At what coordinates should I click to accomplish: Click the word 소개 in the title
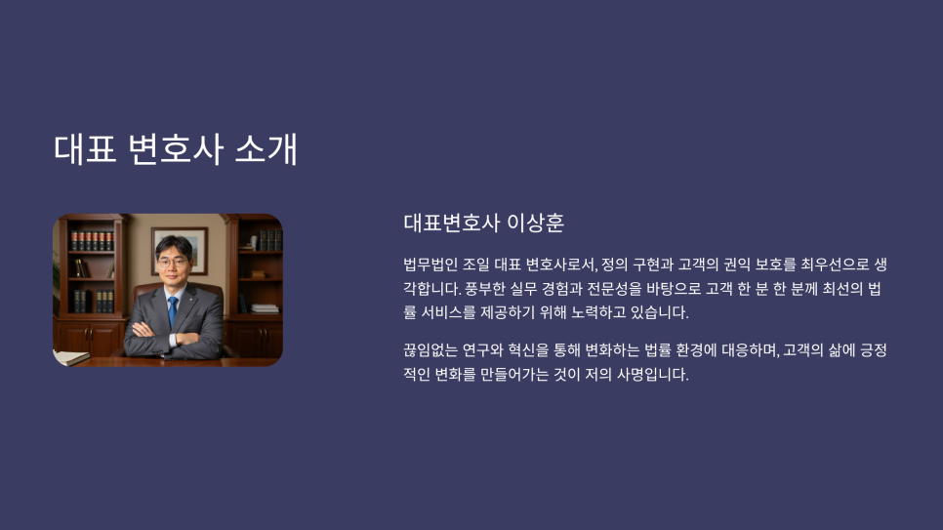click(266, 148)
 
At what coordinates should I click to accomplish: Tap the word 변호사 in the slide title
click(176, 148)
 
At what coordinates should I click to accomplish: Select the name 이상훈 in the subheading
click(535, 223)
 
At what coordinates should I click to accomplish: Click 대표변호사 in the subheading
click(451, 223)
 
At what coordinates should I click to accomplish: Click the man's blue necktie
click(173, 311)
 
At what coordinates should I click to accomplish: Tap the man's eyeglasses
click(173, 263)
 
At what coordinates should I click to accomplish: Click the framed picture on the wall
click(180, 250)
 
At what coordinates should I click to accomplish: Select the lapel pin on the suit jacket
click(190, 298)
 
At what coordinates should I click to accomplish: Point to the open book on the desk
click(70, 358)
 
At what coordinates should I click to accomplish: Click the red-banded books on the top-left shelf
click(92, 241)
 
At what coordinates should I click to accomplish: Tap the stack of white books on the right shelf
click(266, 308)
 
